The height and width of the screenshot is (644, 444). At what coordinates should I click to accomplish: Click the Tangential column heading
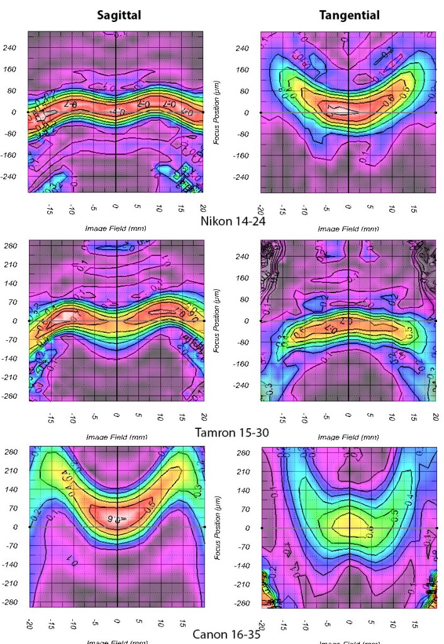[x=349, y=15]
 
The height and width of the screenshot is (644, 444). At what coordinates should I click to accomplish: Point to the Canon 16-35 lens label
[x=226, y=634]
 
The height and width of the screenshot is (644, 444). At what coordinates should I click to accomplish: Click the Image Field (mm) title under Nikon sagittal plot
[x=116, y=228]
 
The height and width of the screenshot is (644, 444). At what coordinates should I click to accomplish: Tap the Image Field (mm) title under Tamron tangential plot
[x=348, y=437]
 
